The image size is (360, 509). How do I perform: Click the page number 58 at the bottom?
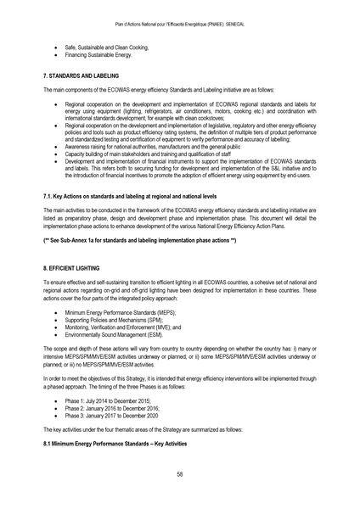point(180,474)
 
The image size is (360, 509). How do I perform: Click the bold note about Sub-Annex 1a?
point(139,243)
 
